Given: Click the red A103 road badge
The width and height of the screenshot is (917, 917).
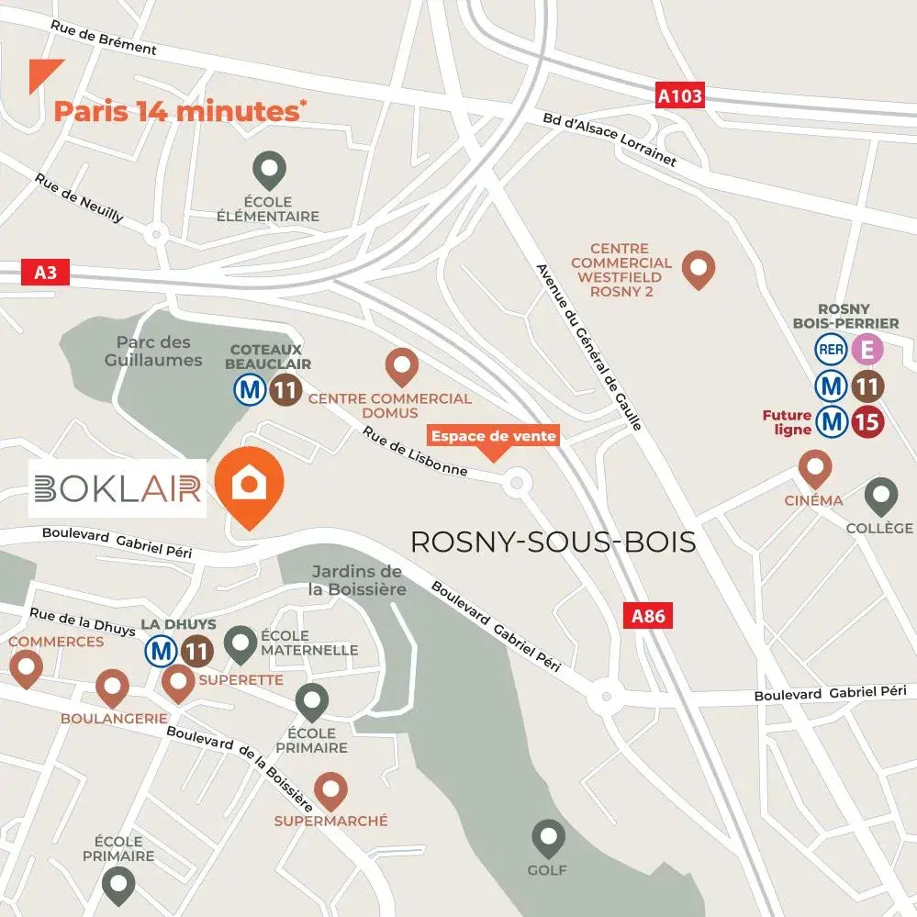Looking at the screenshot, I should coord(680,95).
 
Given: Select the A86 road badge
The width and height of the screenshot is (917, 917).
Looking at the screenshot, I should coord(648,616).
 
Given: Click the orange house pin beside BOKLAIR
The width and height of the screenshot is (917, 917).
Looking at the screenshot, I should coord(249,485).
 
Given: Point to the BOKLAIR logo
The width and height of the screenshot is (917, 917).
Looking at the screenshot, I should coord(117,488).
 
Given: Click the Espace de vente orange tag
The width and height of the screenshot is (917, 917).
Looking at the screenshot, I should coord(494,437).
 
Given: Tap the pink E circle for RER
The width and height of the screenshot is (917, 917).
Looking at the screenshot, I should coord(867,350).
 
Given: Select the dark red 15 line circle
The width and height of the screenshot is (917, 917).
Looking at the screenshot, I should coord(867,422).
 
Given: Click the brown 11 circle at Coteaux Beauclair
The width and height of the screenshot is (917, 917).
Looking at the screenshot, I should coord(285,390).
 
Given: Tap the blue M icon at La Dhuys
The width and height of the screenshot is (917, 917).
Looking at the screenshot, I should coord(162,652).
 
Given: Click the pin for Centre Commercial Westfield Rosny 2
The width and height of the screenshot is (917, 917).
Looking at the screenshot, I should coord(699,268).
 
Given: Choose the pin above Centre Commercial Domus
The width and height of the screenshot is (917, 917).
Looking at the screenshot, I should coord(401,366).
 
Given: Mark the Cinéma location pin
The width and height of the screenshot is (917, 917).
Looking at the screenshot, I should coord(814,468).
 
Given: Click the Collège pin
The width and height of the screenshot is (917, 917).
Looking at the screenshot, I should coord(881,496).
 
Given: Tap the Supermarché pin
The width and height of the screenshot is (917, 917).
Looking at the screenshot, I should coord(330,790).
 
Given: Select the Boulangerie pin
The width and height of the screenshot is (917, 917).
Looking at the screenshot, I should coord(112,687).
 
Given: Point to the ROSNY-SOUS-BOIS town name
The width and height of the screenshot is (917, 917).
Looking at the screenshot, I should coord(553,542).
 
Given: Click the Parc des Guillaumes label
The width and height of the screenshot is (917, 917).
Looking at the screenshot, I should coord(153,352).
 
